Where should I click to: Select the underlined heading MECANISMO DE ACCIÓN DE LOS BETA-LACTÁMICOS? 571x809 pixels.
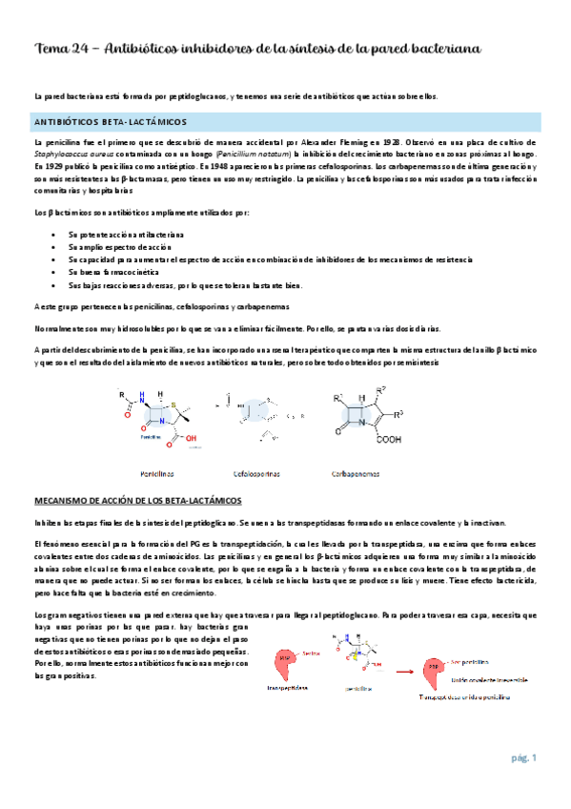tap(138, 500)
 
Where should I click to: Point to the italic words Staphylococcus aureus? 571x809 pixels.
tap(71, 153)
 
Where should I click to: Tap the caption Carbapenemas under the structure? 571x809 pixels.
tap(358, 472)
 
